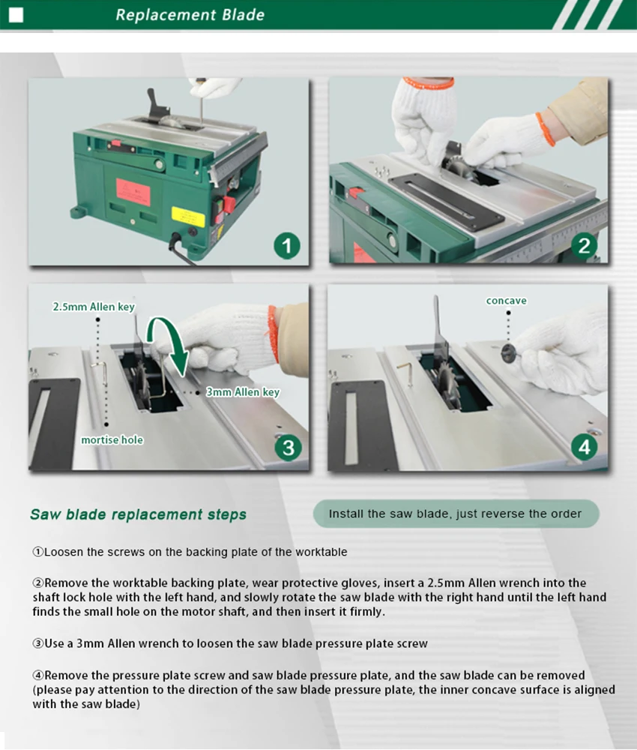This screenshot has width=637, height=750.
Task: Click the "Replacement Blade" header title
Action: [190, 15]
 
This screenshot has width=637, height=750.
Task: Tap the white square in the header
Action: [16, 15]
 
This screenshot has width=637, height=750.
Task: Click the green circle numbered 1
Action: [287, 246]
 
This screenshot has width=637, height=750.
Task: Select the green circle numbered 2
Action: [584, 246]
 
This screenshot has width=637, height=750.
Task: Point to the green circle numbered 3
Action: [289, 448]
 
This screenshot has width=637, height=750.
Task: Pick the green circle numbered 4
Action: [585, 447]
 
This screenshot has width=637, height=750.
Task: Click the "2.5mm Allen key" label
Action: [94, 307]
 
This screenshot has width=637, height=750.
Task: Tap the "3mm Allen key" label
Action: [243, 392]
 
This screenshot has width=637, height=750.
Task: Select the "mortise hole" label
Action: [112, 439]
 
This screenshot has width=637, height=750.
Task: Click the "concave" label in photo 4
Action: [507, 301]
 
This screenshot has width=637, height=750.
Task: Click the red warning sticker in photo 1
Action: [133, 192]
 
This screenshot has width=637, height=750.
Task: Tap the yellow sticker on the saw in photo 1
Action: [188, 217]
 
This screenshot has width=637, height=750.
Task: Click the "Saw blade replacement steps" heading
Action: [138, 514]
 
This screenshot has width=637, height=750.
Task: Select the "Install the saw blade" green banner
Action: [456, 514]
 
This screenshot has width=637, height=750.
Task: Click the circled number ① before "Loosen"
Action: [38, 552]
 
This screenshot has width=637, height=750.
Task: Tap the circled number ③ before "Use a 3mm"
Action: [38, 643]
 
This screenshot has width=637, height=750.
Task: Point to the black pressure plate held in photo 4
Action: [509, 353]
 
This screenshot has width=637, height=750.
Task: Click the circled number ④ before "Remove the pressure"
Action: [38, 676]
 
